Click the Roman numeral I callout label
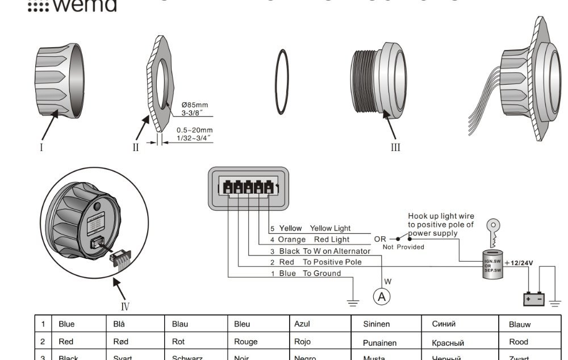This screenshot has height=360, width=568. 41,148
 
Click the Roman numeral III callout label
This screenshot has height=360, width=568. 395,148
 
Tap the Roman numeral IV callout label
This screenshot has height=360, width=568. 125,307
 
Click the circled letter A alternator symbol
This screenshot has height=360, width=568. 382,296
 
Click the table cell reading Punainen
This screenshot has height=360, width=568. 380,343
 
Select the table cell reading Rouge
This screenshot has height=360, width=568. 246,342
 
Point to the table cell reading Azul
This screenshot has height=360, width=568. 302,324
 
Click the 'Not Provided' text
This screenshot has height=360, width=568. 403,247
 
